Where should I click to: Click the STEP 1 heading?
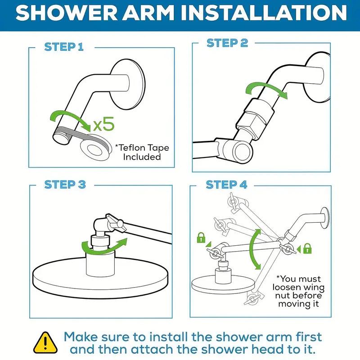point(63,46)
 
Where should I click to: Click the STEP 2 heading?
point(227,43)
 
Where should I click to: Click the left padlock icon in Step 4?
point(201,237)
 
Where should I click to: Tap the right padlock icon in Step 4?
point(307,247)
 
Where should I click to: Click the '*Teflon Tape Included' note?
point(142,153)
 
